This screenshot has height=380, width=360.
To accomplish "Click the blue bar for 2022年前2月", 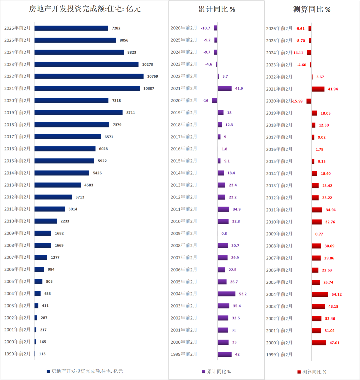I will click(x=89, y=76).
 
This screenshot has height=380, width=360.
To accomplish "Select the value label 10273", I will click(x=147, y=64).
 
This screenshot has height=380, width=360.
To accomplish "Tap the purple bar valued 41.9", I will click(x=224, y=88).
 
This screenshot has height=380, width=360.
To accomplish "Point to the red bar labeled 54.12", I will click(x=320, y=294).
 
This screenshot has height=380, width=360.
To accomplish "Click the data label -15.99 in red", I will click(x=297, y=101).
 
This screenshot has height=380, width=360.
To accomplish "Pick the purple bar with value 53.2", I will click(x=226, y=294).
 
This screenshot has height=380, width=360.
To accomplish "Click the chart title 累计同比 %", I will click(x=217, y=9).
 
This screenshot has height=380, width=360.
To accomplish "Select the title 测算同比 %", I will click(x=312, y=9).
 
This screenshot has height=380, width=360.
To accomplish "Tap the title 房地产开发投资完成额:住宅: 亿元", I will click(x=85, y=9).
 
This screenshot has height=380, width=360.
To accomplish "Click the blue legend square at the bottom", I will click(x=48, y=371).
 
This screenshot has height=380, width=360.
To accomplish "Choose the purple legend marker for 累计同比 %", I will click(x=204, y=372).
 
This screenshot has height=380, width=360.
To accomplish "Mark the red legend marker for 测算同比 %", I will click(x=299, y=372).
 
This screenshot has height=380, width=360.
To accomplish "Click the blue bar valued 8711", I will click(x=78, y=113).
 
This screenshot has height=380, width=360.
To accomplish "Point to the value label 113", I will click(x=42, y=354).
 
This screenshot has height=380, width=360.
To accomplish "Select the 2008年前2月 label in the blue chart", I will click(x=17, y=245).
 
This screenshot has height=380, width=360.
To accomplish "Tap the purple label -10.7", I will click(x=206, y=28).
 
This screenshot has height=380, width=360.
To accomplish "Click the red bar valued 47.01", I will click(x=319, y=342).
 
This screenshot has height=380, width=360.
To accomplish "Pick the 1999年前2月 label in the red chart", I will click(x=279, y=354).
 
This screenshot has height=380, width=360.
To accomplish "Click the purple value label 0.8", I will click(x=224, y=233).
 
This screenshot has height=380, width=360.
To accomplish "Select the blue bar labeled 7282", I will click(x=71, y=28).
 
